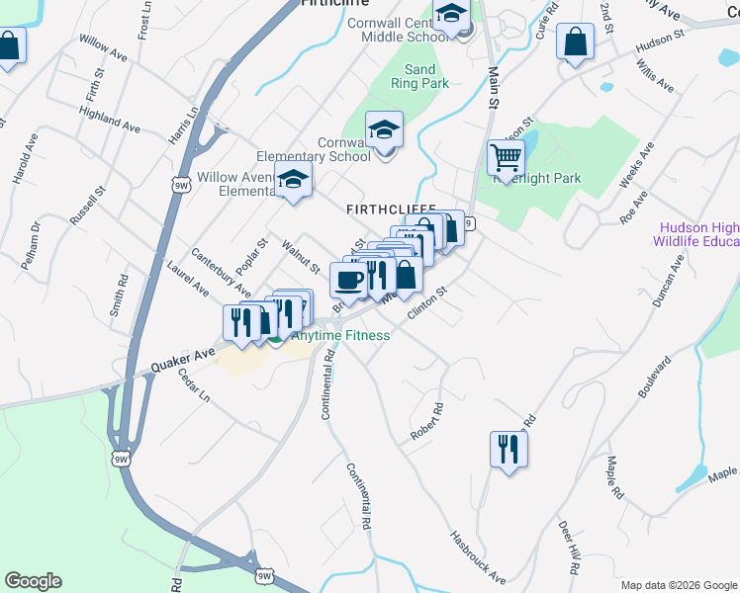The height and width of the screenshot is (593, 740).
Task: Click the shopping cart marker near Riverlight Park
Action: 506,157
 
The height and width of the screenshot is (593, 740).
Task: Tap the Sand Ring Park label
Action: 420,76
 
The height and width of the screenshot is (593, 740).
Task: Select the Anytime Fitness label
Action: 338,336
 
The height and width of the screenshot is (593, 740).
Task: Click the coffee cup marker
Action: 348,280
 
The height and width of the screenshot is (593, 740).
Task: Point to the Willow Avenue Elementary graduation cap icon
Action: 293,180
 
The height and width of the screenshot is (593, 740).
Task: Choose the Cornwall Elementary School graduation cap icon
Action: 384,128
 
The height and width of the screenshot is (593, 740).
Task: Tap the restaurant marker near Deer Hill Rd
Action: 509,449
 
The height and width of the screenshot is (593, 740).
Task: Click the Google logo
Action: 34,581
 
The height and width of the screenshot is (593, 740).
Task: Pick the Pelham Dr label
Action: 37,241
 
